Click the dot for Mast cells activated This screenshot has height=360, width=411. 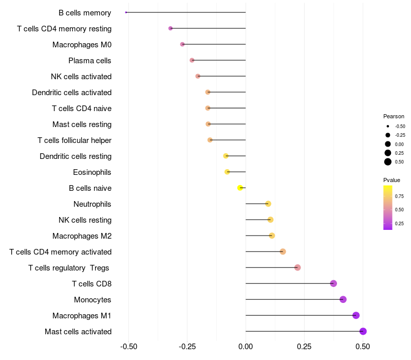point(363,331)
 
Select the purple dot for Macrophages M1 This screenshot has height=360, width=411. point(356,315)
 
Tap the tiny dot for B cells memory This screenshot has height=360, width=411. point(126,12)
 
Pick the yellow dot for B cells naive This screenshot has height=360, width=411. point(240,188)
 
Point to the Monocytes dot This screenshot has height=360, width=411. point(343,299)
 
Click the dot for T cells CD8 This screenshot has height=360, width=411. point(333,283)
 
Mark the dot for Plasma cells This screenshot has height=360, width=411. point(192,60)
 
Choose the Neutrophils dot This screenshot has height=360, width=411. point(268,204)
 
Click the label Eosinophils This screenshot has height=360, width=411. point(92,172)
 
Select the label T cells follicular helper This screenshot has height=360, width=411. point(74,140)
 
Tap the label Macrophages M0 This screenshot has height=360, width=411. point(82,44)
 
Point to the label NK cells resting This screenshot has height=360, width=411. point(85,220)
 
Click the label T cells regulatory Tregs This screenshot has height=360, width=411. point(70,267)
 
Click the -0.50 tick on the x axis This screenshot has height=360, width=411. point(128,347)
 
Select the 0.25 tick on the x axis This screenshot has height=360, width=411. point(304,347)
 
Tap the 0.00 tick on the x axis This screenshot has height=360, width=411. point(246,347)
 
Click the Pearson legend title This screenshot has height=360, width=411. point(394,116)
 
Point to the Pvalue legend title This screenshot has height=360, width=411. point(391,180)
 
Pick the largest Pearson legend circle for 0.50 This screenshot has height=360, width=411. point(388,162)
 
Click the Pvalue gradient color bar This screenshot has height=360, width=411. point(388,207)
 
